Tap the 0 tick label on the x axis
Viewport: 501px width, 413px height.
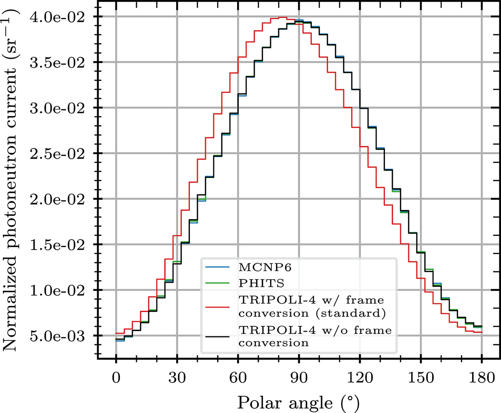[x=116, y=380]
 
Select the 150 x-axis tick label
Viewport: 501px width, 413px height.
[x=420, y=380]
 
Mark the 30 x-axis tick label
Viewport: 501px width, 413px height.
[x=177, y=380]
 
